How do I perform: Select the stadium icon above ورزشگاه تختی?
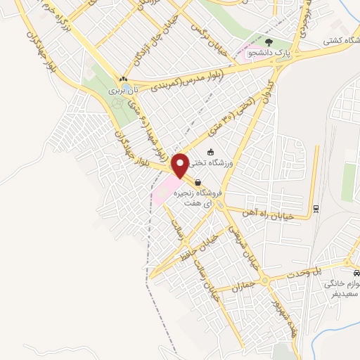click(210, 152)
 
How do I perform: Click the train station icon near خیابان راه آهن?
click(316, 207)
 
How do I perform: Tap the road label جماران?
click(242, 288)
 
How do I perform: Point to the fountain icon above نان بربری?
click(124, 79)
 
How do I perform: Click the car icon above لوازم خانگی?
click(356, 272)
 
